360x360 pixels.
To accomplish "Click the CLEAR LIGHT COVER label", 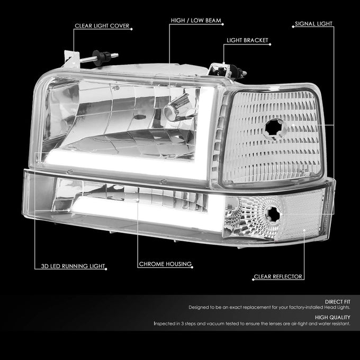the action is point(102,26).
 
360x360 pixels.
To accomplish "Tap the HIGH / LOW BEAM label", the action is point(196,21).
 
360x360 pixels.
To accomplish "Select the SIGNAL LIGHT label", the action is point(313,24).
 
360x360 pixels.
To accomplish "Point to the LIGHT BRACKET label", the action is point(247,40).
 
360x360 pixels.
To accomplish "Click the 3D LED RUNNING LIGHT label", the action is point(73,266).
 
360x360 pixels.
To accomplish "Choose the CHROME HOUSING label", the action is point(165,264).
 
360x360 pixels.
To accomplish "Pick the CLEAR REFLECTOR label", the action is point(278,276).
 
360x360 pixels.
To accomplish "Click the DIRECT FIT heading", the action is point(338,302).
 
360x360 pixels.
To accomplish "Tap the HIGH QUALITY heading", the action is point(332,317).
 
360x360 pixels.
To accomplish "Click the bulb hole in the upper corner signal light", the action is point(274,129).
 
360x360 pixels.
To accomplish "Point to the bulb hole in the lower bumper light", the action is point(273,214).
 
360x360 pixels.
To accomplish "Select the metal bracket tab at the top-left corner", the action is point(72,59).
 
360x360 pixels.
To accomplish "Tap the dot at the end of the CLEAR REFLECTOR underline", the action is point(253,280).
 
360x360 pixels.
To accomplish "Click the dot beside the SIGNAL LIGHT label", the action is point(293,27).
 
